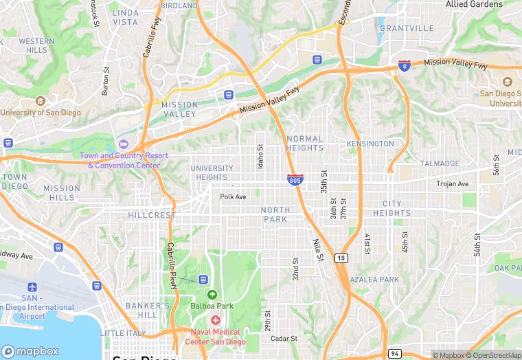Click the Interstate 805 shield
pyautogui.click(x=295, y=180)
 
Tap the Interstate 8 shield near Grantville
pyautogui.click(x=405, y=66)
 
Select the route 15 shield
pyautogui.click(x=341, y=258)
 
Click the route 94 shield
pyautogui.click(x=394, y=353)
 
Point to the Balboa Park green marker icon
pyautogui.click(x=212, y=295)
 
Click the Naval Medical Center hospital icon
pyautogui.click(x=215, y=320)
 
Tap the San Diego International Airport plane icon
pyautogui.click(x=32, y=286)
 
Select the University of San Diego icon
pyautogui.click(x=40, y=101)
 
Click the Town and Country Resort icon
pyautogui.click(x=124, y=144)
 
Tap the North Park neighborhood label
pyautogui.click(x=275, y=214)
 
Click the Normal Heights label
pyautogui.click(x=304, y=143)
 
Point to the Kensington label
pyautogui.click(x=370, y=144)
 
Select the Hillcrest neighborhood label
pyautogui.click(x=152, y=215)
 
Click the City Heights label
pyautogui.click(x=392, y=208)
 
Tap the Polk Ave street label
pyautogui.click(x=233, y=196)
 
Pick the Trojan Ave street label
pyautogui.click(x=453, y=184)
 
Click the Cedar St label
pyautogui.click(x=284, y=338)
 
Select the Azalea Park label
pyautogui.click(x=374, y=280)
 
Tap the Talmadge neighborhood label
pyautogui.click(x=440, y=164)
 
